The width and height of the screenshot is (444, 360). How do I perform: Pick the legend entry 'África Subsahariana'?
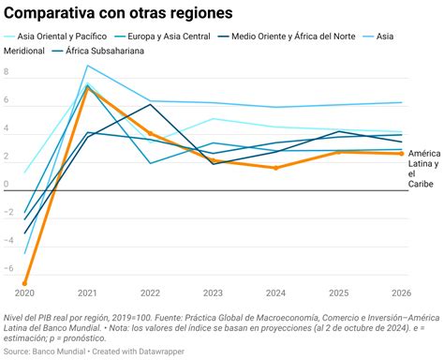click(104, 51)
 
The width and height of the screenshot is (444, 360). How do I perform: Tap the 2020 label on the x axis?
click(25, 292)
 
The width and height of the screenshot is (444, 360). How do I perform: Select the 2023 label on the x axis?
click(213, 292)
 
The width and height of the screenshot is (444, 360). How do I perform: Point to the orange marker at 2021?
click(87, 87)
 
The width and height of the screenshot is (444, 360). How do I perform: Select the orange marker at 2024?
click(275, 168)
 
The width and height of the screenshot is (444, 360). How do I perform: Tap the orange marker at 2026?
click(401, 154)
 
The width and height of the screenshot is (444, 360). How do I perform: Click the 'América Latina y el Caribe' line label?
click(422, 168)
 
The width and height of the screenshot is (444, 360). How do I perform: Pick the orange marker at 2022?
click(150, 134)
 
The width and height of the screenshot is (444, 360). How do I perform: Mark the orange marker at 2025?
click(338, 152)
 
